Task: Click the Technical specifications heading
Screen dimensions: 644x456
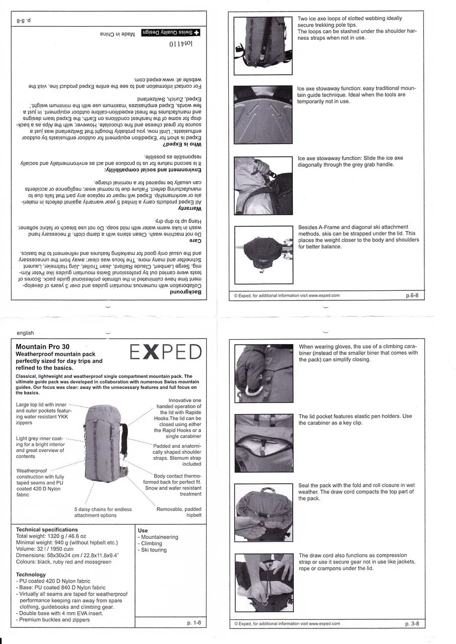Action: [x=47, y=530]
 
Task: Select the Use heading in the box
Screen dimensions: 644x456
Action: [x=143, y=530]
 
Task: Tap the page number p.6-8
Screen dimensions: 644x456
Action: [x=414, y=296]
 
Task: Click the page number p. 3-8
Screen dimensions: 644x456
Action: [x=412, y=624]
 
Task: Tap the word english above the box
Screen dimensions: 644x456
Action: [x=25, y=333]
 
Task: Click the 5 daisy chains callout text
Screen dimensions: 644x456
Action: [x=103, y=512]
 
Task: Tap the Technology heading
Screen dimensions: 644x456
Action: [x=31, y=575]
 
